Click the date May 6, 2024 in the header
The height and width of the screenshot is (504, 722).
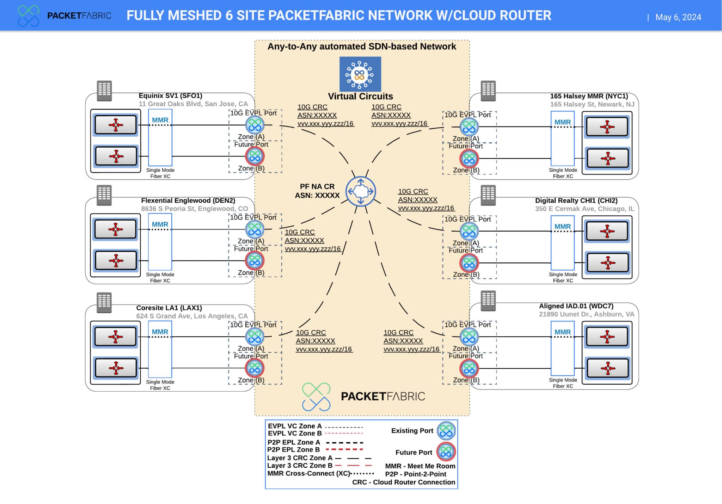[678, 17]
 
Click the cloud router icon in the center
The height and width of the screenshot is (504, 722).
[360, 191]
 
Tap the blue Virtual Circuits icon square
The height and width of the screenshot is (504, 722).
[360, 74]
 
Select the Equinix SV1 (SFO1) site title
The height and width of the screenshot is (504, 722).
[170, 96]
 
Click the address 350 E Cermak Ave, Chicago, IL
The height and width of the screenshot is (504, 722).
[585, 209]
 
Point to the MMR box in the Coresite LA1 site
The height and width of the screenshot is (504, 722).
[160, 349]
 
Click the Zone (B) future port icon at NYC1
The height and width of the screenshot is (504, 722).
[469, 159]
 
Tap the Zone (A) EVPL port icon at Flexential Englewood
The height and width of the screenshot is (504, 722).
[255, 229]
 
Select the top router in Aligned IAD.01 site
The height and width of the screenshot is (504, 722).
[607, 337]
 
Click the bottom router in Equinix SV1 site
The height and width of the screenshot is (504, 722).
[116, 156]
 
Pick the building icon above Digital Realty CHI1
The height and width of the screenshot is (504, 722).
[488, 195]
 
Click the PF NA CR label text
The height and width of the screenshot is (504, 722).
[317, 187]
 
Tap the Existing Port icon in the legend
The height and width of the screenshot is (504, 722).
[446, 431]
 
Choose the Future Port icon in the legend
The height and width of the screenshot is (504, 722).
[446, 452]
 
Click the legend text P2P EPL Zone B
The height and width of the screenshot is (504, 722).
[293, 450]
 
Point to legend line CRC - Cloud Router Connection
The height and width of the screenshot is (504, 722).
[403, 482]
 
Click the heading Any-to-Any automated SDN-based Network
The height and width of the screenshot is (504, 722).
[362, 47]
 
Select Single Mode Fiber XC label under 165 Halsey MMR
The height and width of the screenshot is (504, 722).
[563, 173]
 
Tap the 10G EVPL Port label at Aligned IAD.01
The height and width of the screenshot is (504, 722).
[467, 325]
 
